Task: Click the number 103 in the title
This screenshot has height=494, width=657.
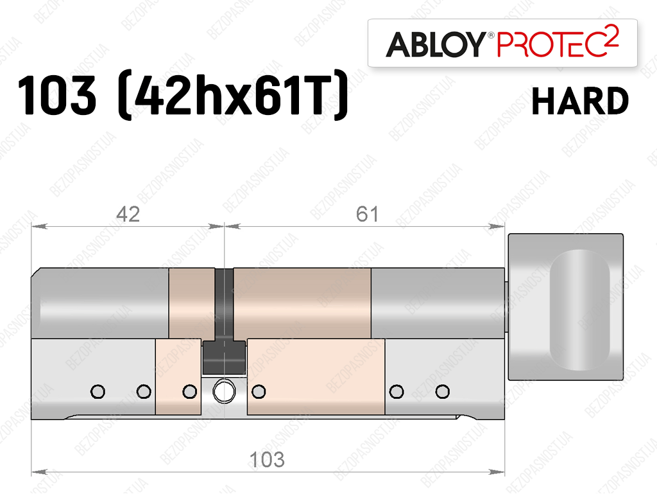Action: pyautogui.click(x=57, y=95)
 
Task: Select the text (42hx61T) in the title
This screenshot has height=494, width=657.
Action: pyautogui.click(x=233, y=95)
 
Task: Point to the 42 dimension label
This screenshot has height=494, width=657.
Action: pyautogui.click(x=128, y=215)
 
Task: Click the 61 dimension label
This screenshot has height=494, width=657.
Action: pyautogui.click(x=367, y=215)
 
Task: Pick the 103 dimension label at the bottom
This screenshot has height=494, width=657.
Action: pyautogui.click(x=267, y=459)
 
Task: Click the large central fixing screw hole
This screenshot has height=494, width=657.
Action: pyautogui.click(x=224, y=392)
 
